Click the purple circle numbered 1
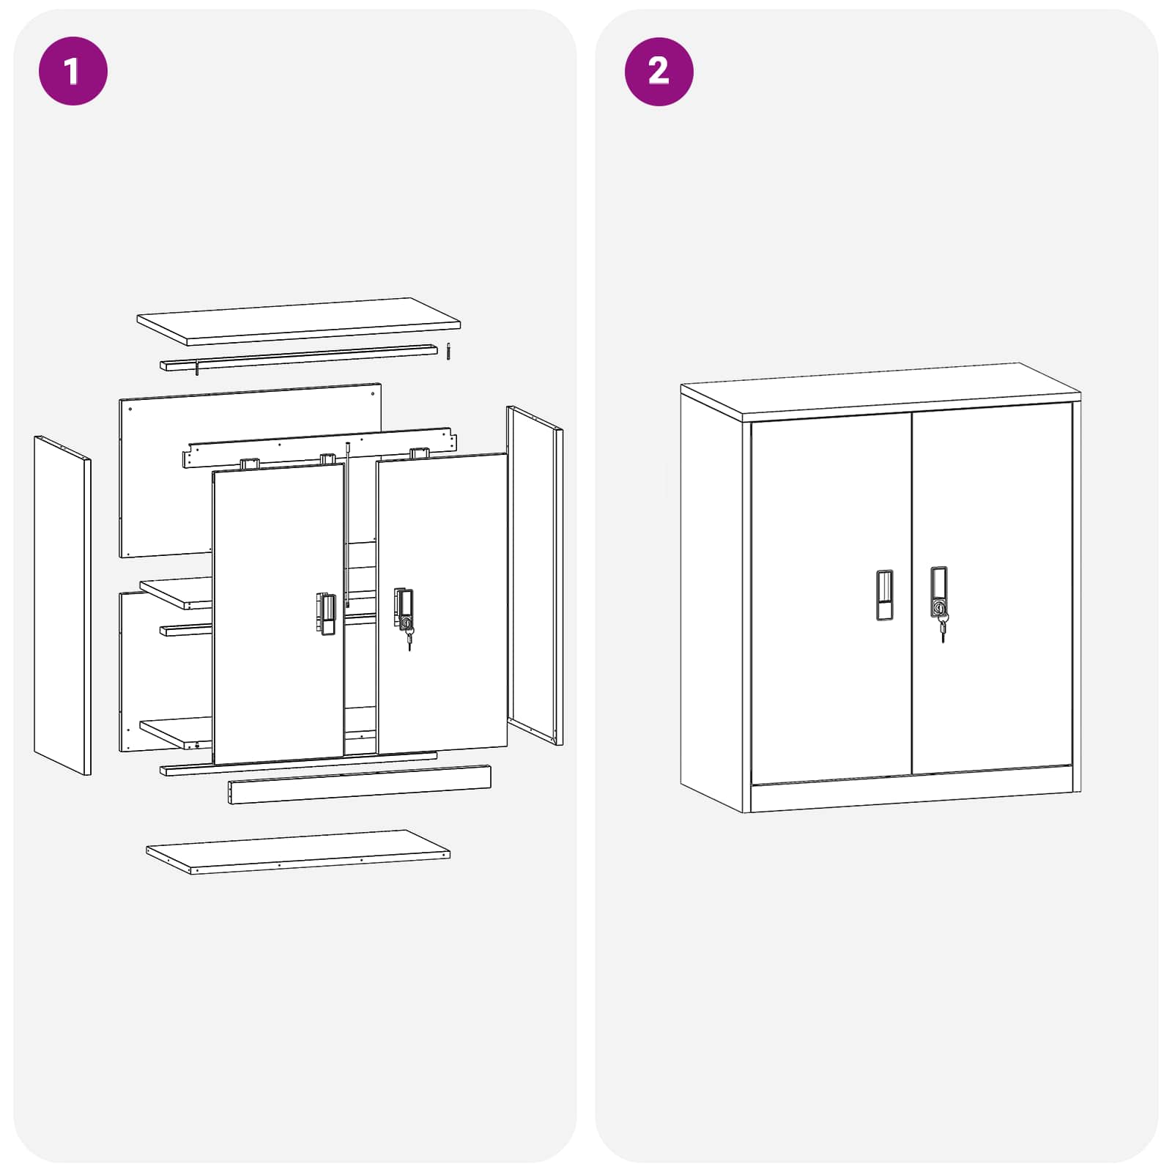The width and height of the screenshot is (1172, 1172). click(73, 71)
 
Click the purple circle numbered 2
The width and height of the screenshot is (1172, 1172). click(659, 71)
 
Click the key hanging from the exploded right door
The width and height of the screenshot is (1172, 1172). click(409, 639)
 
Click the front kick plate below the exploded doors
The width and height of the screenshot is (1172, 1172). click(359, 785)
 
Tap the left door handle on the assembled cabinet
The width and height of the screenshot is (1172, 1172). click(884, 594)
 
